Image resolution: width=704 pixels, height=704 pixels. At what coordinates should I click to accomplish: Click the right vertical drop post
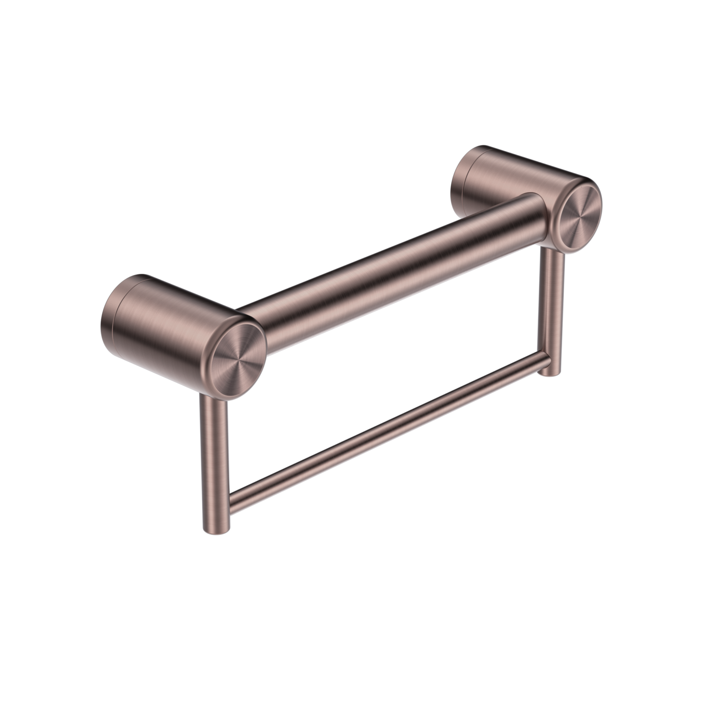click(x=552, y=312)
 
